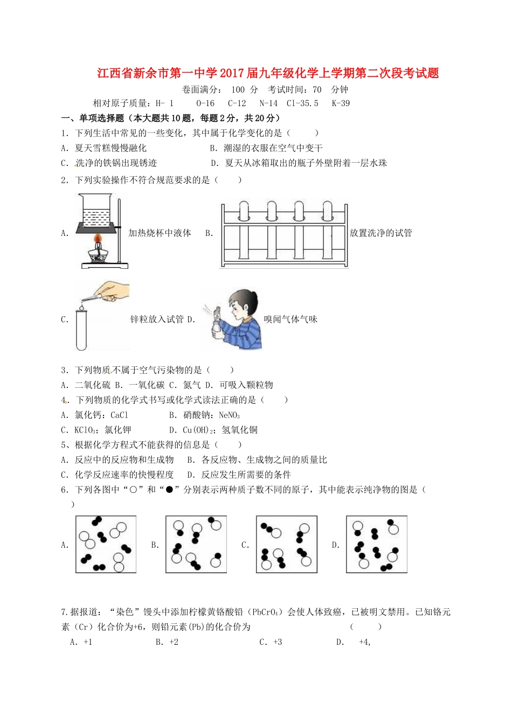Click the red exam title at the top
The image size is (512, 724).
268,73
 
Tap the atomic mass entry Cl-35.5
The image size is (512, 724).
302,103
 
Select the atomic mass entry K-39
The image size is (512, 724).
341,103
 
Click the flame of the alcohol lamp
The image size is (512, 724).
98,238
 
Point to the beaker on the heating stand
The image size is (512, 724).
97,209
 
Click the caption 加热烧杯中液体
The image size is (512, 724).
160,233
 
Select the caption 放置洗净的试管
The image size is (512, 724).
380,233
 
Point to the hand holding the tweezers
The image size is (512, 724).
114,290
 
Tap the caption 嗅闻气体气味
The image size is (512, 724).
290,319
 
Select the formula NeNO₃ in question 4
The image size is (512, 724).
229,415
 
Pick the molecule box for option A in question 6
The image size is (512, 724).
106,544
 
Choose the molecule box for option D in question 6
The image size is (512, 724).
376,544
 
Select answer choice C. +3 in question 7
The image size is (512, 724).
271,642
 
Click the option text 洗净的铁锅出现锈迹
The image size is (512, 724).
116,163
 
